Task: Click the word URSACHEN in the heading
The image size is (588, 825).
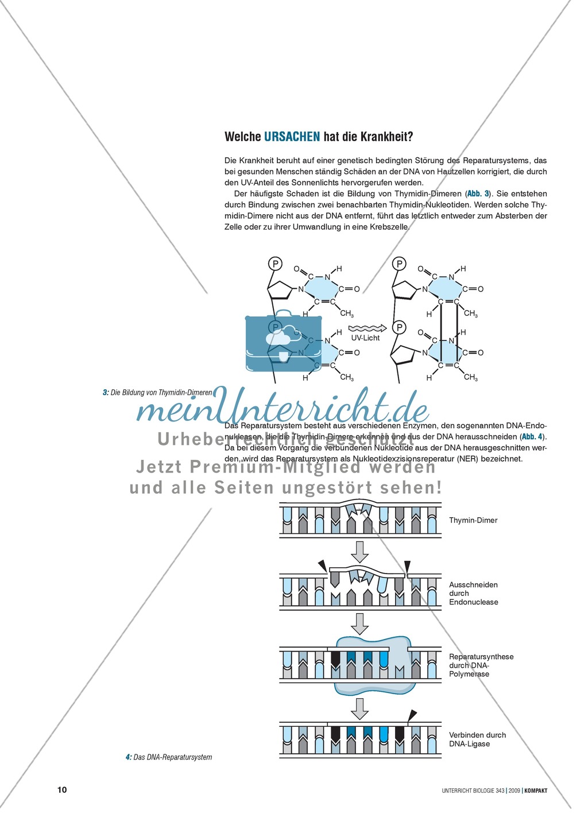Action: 292,137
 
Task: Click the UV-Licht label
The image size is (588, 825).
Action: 365,338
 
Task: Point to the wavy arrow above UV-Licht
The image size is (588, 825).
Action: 365,327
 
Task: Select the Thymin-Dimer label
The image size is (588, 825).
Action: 473,520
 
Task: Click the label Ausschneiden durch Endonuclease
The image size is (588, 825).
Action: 473,593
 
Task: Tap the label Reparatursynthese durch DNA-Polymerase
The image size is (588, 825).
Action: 481,665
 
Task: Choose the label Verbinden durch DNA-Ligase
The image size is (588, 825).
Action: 477,739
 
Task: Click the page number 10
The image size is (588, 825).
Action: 62,789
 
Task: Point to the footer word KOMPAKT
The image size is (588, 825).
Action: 536,791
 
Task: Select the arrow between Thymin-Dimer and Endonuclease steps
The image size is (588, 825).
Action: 359,551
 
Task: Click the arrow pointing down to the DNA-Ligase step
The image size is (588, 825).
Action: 359,708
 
